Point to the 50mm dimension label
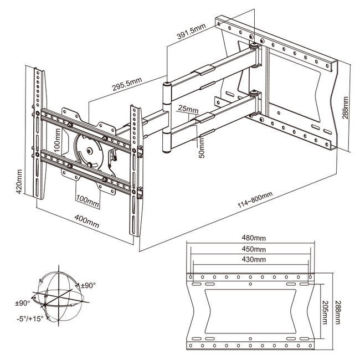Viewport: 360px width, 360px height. tap(202, 147)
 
